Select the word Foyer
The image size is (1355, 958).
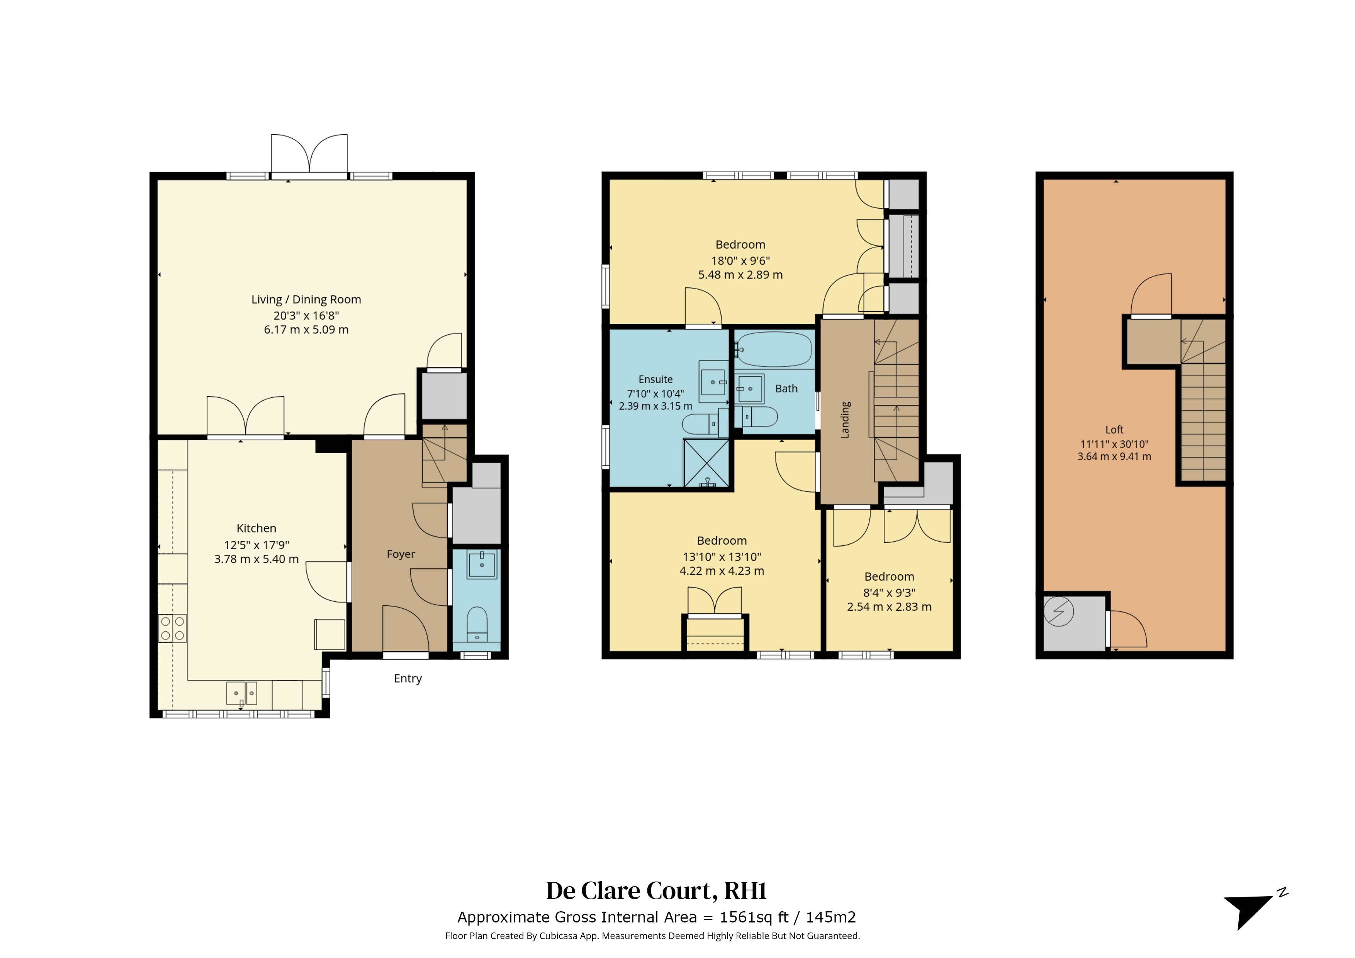click(x=401, y=554)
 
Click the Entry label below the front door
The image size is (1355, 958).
click(x=408, y=678)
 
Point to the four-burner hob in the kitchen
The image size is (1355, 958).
click(x=172, y=628)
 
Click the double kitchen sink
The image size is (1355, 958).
click(x=242, y=693)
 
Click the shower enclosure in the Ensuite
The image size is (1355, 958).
click(x=706, y=463)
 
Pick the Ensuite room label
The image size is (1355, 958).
click(x=655, y=380)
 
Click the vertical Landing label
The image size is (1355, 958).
click(x=845, y=420)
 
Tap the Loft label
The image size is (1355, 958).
click(x=1114, y=430)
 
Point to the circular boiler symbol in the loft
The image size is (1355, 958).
click(x=1059, y=611)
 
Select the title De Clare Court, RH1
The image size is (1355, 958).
click(x=656, y=891)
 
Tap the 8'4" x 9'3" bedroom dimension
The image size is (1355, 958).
click(x=890, y=593)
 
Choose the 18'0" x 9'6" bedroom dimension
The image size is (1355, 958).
click(x=740, y=260)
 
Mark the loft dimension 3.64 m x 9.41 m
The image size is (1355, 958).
click(x=1114, y=456)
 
